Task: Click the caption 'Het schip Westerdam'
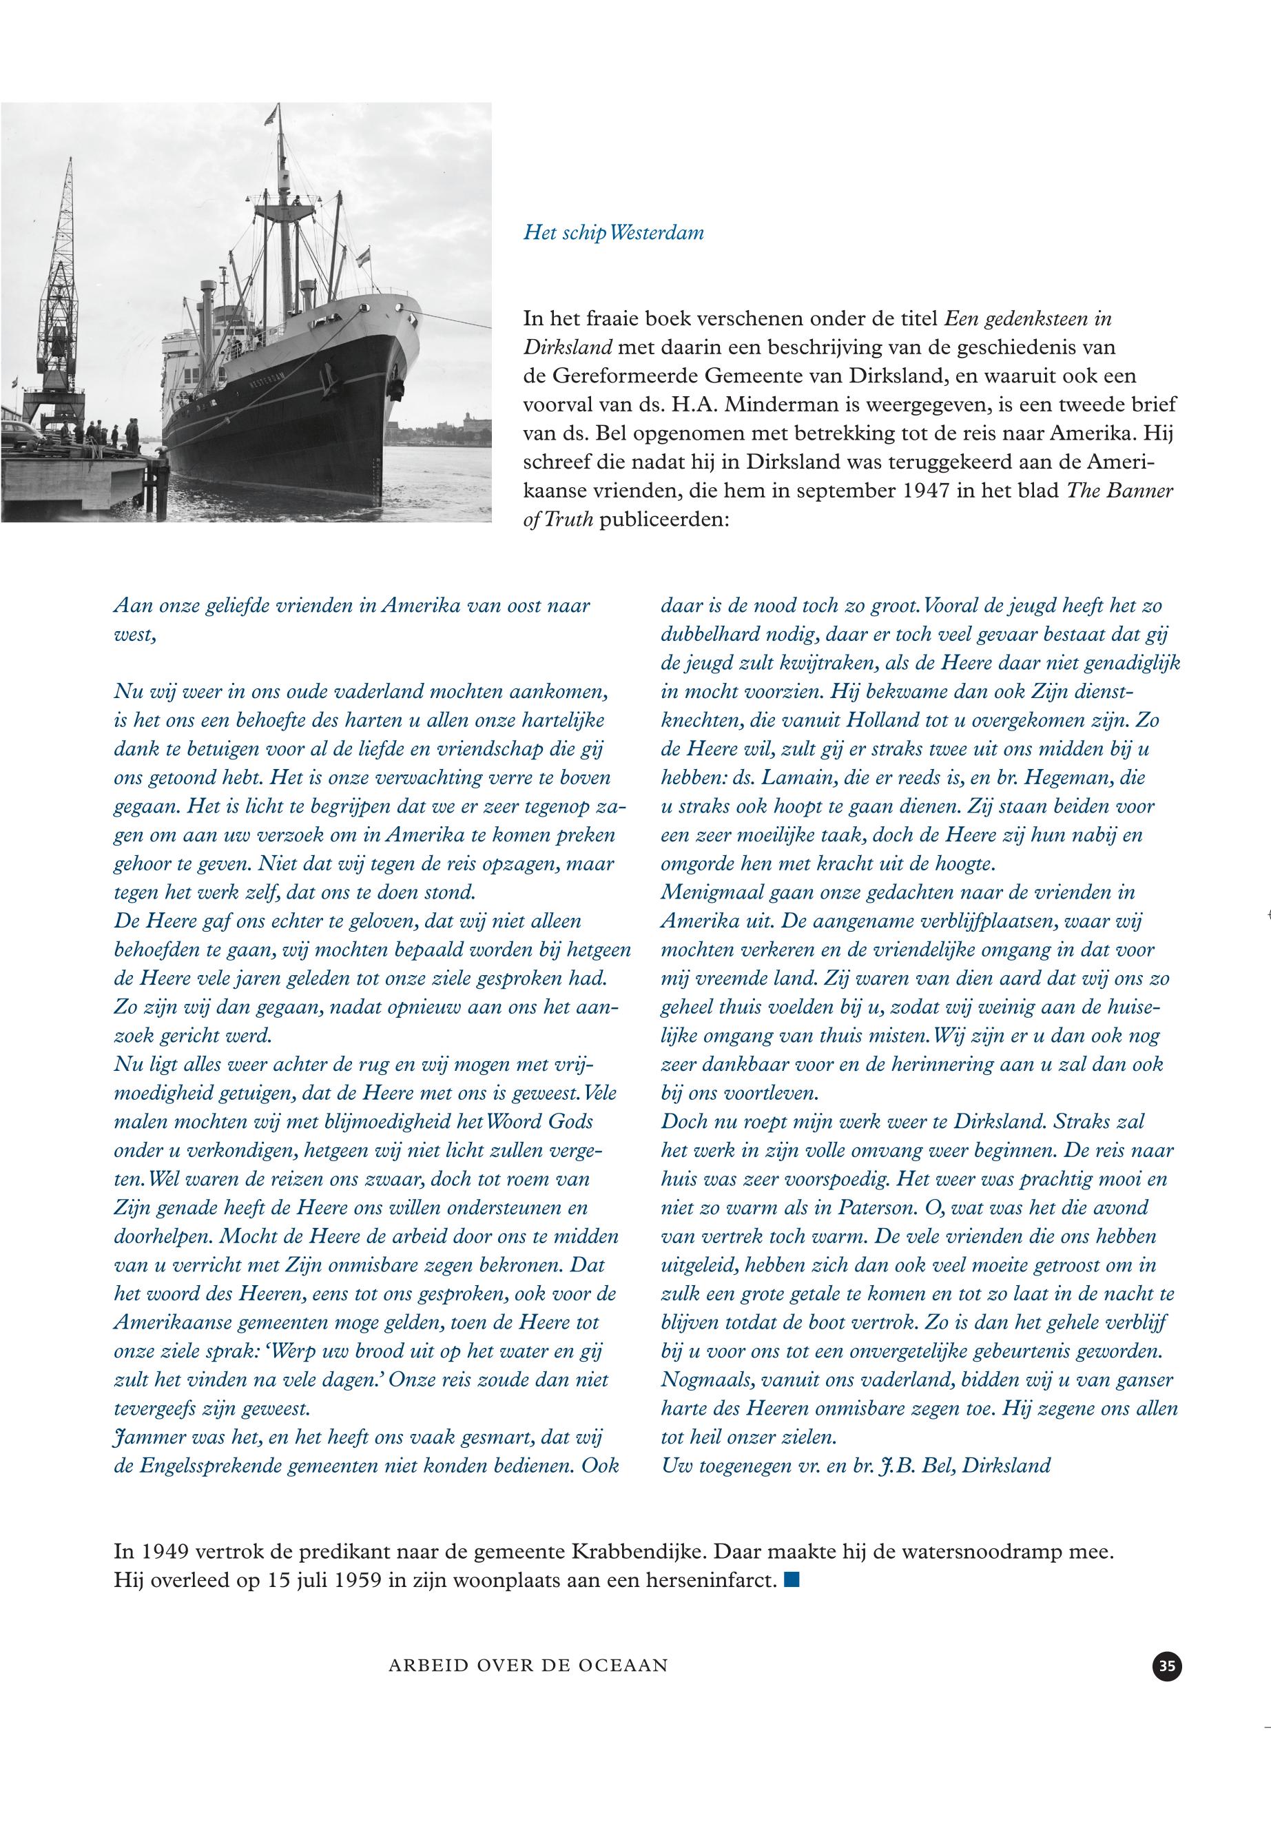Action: (613, 233)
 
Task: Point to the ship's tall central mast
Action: (280, 199)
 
